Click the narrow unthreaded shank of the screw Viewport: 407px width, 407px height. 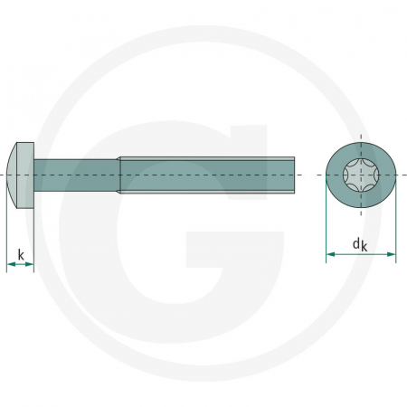77,172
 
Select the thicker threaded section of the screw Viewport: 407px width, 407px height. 208,172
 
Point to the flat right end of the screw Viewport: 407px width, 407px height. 295,172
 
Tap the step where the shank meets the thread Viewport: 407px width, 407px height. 118,172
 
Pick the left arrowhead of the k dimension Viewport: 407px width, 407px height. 10,264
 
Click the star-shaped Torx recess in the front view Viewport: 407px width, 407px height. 361,172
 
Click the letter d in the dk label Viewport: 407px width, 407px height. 355,241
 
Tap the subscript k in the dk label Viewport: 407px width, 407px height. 365,245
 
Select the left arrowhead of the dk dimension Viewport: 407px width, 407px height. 330,255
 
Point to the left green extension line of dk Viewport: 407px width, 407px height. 326,226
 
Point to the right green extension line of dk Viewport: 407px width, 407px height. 396,226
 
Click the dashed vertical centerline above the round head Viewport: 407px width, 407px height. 361,133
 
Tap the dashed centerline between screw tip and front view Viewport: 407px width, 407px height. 310,172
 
